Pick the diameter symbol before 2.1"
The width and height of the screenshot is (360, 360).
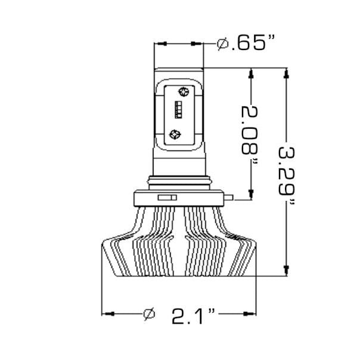click(150, 314)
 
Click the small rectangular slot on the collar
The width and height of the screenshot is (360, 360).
click(167, 197)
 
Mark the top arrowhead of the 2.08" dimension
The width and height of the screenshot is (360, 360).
click(252, 74)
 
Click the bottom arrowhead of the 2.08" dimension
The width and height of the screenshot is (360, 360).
click(252, 193)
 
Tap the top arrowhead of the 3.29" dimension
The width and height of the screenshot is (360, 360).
click(287, 74)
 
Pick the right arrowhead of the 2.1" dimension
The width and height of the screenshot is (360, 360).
click(244, 313)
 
